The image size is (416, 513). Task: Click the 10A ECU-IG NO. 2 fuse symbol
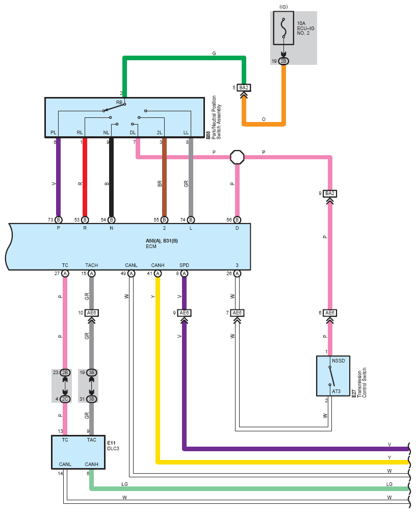click(283, 28)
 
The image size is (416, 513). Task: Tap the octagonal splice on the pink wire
click(237, 157)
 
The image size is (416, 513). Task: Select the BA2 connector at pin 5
click(244, 88)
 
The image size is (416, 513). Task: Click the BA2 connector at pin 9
click(330, 193)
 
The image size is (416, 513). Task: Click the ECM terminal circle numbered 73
click(58, 220)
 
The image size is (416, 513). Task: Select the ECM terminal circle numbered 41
click(158, 274)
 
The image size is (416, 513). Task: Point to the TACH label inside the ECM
click(91, 265)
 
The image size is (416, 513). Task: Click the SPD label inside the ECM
click(185, 265)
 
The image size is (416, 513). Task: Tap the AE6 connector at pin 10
click(91, 313)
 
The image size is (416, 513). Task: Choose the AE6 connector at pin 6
click(330, 313)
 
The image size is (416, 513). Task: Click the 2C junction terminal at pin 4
click(65, 399)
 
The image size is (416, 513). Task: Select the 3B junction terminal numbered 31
click(91, 399)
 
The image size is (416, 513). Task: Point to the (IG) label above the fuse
click(283, 7)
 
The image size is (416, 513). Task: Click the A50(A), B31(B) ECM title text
click(162, 241)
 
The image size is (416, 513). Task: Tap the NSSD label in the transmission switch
click(338, 360)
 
